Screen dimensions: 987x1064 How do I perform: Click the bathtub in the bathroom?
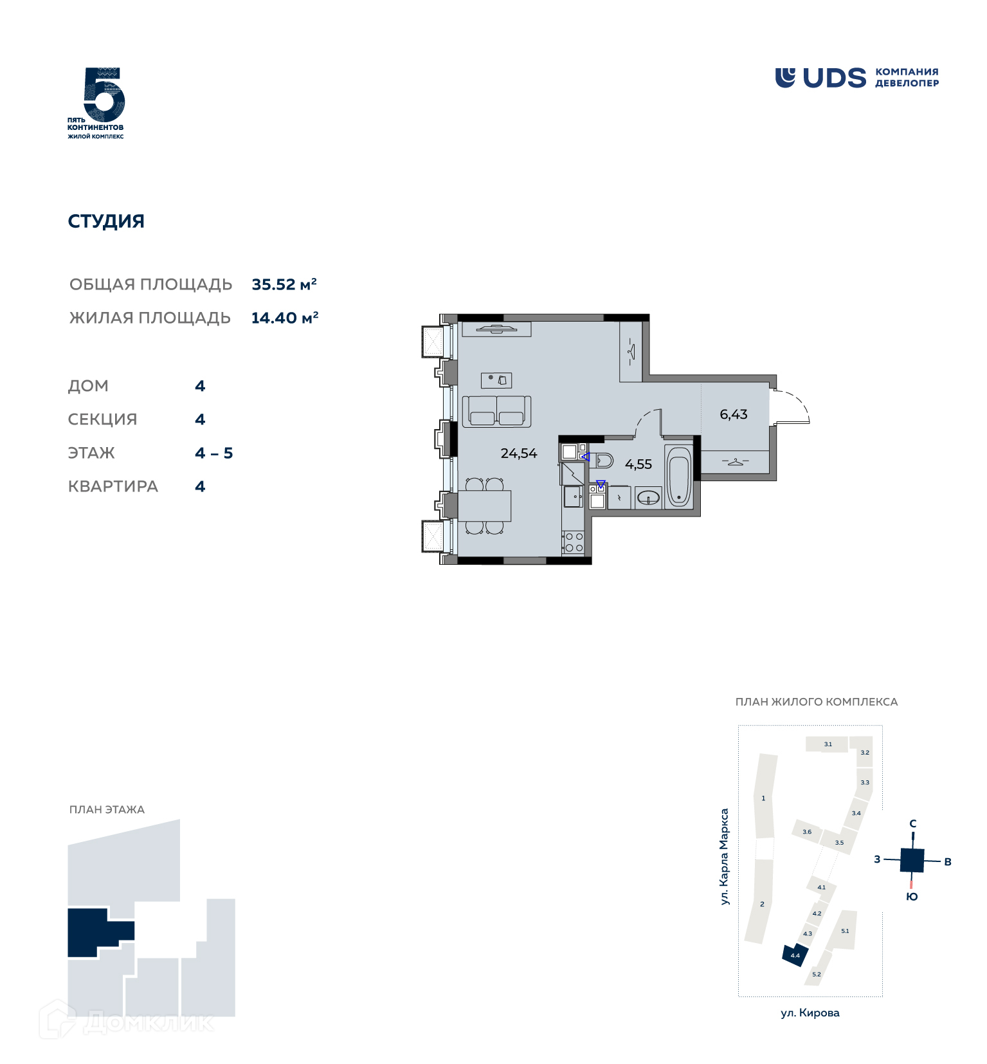coord(678,476)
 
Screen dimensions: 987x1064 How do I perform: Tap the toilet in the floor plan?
coord(602,461)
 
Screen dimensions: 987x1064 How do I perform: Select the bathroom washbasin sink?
coord(648,498)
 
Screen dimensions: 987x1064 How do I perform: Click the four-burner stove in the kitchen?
coord(573,542)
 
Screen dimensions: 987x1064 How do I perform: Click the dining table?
coord(484,506)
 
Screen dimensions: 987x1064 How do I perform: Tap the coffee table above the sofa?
coord(496,380)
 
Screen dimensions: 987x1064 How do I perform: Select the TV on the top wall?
coord(496,329)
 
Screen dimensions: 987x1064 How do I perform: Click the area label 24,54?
coord(519,454)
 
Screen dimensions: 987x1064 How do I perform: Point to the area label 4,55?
coord(638,464)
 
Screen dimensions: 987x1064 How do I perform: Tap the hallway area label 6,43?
coord(734,414)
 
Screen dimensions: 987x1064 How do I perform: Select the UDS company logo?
coord(856,78)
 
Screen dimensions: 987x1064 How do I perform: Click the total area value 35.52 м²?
coord(284,284)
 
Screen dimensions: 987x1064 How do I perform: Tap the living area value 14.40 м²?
coord(285,318)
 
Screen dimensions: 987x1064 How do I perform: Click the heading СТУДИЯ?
coord(106,221)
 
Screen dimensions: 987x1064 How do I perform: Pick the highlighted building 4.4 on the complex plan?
coord(795,955)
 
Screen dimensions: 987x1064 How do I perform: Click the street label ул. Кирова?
coord(810,1013)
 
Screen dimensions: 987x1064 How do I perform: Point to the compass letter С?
coord(912,823)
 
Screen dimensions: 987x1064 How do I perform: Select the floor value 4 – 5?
coord(214,454)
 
